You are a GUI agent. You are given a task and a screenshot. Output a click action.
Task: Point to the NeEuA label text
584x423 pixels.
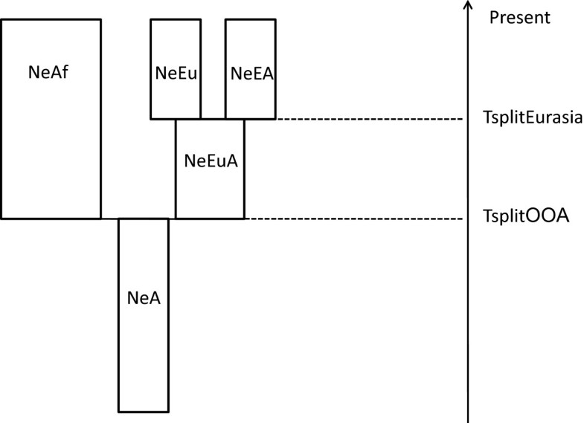click(211, 161)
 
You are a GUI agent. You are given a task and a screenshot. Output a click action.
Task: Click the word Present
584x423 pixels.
click(520, 16)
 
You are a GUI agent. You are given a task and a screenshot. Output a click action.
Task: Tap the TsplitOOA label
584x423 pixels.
click(526, 217)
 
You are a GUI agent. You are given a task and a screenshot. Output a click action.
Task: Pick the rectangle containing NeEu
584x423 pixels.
click(176, 100)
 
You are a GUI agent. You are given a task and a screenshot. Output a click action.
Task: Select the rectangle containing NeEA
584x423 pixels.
click(251, 100)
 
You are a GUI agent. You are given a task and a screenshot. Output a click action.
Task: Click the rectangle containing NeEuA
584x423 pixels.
click(210, 193)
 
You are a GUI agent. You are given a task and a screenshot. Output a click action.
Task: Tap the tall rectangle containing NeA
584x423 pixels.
click(144, 357)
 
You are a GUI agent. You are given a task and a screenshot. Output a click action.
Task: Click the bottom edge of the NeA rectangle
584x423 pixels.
click(144, 411)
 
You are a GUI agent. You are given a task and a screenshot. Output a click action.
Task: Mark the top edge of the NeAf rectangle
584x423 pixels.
click(51, 19)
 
